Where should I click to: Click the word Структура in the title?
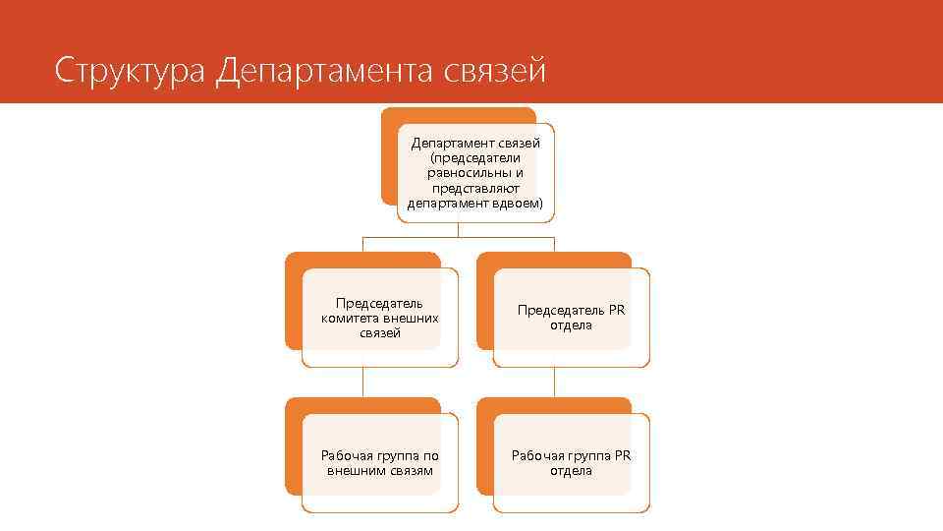click(x=130, y=71)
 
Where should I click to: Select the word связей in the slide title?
click(x=495, y=71)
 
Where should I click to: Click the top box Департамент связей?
click(x=475, y=172)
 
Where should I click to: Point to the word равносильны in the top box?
click(x=475, y=172)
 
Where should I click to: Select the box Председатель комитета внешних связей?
click(x=379, y=318)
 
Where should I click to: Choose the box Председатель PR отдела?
click(x=571, y=318)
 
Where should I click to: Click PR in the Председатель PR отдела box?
click(x=616, y=310)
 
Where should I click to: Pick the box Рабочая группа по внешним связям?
click(x=379, y=462)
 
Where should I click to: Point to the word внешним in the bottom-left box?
click(x=355, y=470)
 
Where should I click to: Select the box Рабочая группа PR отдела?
click(x=571, y=462)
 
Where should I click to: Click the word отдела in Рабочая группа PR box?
click(x=571, y=470)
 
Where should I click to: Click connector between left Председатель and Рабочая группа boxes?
click(x=363, y=383)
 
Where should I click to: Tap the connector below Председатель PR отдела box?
click(x=555, y=383)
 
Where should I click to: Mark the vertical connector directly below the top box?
click(x=459, y=229)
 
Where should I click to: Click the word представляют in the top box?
click(x=475, y=187)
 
